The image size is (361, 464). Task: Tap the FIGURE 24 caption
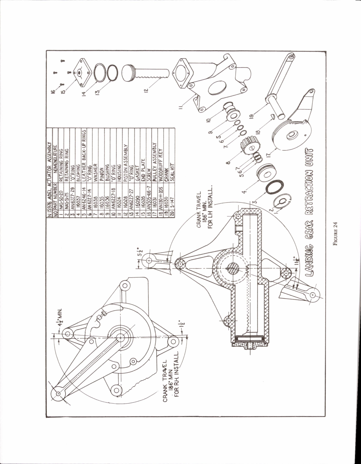(335, 234)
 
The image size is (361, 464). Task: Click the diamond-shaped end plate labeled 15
(79, 73)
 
